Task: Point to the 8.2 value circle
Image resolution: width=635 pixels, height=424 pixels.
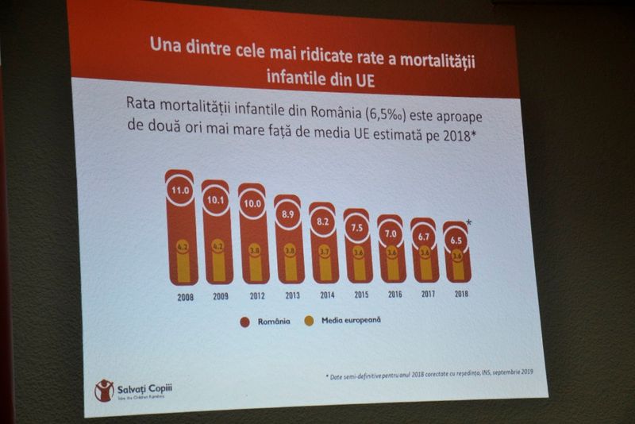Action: (324, 223)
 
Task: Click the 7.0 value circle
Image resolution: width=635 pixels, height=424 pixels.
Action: (391, 235)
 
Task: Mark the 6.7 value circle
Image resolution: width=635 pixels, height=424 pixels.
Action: (424, 238)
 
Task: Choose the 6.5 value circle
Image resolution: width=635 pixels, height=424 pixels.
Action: (456, 241)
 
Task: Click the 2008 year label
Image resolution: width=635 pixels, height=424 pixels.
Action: (183, 299)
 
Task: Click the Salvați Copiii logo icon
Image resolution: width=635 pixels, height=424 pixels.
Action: (104, 390)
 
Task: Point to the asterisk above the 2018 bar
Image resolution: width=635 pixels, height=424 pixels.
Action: (470, 222)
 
